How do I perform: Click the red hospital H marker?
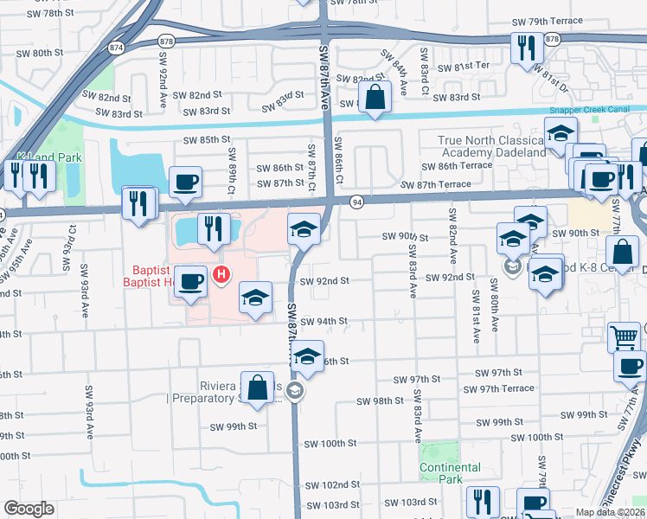click(221, 276)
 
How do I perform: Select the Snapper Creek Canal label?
click(594, 111)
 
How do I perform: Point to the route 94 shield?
click(356, 202)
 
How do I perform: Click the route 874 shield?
click(115, 48)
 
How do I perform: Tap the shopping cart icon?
click(624, 336)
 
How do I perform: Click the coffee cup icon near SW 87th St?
click(186, 182)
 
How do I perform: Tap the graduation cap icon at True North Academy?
click(561, 133)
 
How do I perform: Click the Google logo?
click(29, 509)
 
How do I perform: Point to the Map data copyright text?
click(610, 512)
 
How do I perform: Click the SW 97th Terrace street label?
click(512, 388)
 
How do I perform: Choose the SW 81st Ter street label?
click(464, 67)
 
